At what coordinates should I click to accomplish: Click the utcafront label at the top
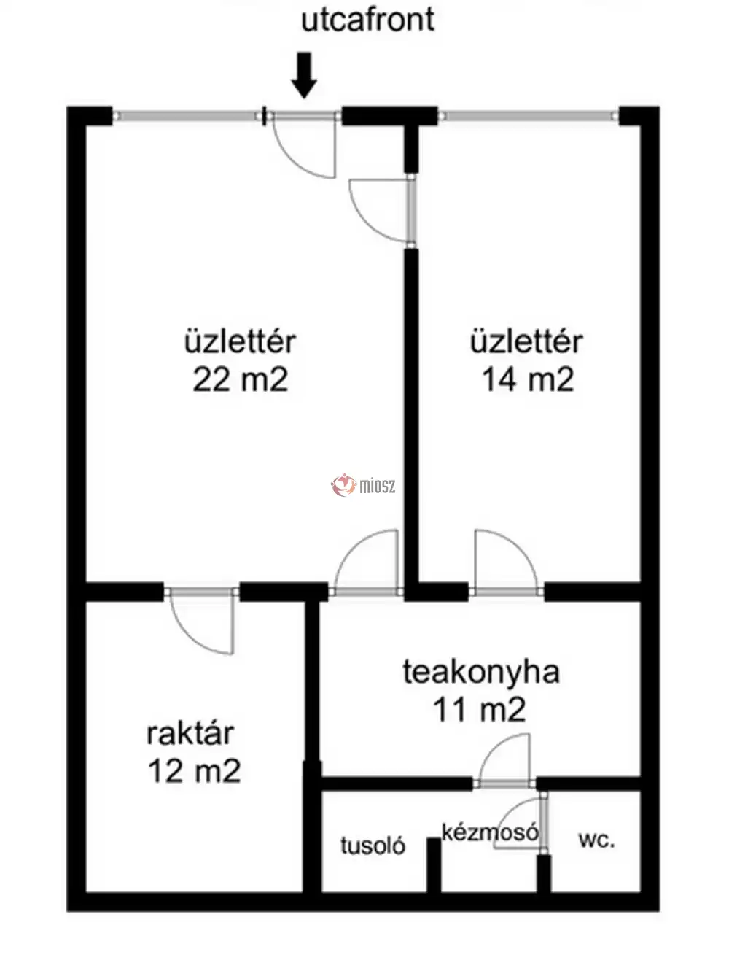367,19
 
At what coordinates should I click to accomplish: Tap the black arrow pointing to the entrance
305,74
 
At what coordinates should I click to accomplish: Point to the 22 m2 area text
240,380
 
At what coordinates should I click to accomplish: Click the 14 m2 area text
527,380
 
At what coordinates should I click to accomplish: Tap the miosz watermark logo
364,484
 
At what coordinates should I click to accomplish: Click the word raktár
190,733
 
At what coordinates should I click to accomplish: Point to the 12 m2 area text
194,771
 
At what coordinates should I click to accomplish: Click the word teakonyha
480,672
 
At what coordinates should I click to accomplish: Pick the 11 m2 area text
479,709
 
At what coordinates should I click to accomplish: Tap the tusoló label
373,846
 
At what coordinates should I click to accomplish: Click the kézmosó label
490,832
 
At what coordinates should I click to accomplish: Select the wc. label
596,840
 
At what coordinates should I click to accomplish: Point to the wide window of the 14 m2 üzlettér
529,115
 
